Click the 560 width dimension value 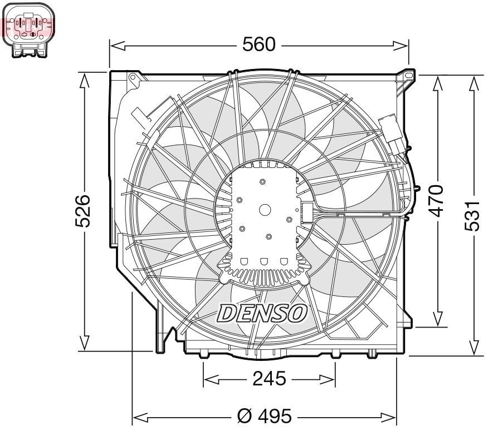pos(258,44)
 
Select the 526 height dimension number pos(84,211)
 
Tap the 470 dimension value pos(438,200)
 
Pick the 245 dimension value pos(269,379)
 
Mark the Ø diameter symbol pos(244,415)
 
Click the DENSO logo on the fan pos(262,313)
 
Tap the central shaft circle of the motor pos(265,210)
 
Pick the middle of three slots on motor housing pos(264,261)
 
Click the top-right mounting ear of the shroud pos(408,74)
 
